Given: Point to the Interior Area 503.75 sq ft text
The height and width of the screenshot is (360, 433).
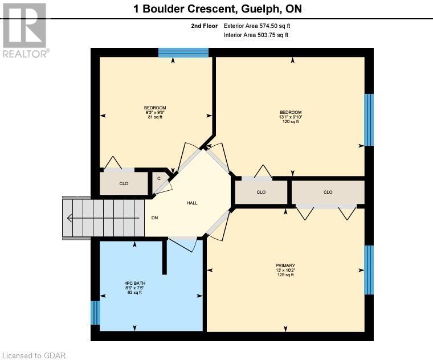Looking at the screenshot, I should click(x=256, y=35).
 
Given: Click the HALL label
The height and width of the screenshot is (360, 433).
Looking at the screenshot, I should click(x=193, y=203).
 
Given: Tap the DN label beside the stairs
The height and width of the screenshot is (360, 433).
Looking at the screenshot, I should click(x=154, y=218).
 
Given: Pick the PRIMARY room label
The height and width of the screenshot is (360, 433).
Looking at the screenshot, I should click(x=285, y=264).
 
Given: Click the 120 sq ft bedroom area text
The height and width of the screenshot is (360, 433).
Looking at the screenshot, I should click(x=290, y=122).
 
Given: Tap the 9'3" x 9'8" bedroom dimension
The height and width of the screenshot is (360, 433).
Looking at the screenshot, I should click(x=154, y=113).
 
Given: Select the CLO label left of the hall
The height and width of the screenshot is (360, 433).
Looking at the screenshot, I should click(x=124, y=183).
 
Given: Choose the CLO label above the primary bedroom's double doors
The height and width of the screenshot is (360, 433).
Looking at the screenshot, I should click(x=328, y=192).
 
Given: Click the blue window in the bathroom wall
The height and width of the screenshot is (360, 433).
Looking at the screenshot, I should click(x=95, y=313).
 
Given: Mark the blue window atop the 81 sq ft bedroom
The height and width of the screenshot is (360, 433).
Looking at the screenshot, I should click(x=183, y=52).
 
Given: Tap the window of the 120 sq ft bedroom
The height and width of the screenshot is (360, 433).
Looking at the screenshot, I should click(x=369, y=120).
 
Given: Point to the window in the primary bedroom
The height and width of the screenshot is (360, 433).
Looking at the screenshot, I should click(x=369, y=269).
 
